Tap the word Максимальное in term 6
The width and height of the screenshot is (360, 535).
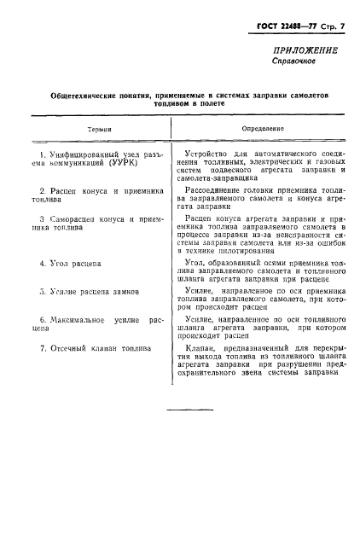click(x=81, y=319)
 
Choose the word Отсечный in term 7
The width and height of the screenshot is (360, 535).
click(x=69, y=347)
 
